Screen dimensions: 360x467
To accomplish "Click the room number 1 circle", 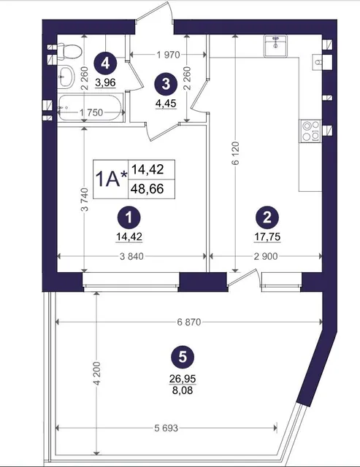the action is click(129, 218).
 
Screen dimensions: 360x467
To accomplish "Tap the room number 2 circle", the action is click(267, 217).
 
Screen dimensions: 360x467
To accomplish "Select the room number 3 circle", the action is click(166, 84).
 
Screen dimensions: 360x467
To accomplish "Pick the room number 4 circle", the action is click(105, 63).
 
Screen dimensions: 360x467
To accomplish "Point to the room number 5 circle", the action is click(183, 357).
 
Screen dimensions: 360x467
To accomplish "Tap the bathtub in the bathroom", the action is click(90, 107).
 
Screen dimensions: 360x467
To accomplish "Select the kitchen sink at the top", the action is click(275, 45).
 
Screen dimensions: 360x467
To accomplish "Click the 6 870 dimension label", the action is click(189, 322).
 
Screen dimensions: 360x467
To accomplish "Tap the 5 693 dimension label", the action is click(166, 428).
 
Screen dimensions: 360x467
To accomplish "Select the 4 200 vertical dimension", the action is click(96, 374).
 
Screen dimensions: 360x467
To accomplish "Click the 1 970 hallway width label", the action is click(169, 55).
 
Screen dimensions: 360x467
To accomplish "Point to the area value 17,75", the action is click(267, 236).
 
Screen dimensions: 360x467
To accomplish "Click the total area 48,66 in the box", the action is click(148, 188).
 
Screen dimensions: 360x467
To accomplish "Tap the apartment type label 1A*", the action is click(110, 180).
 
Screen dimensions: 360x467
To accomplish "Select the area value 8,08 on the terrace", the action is click(183, 390).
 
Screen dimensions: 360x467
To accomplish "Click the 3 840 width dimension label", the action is click(131, 256).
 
